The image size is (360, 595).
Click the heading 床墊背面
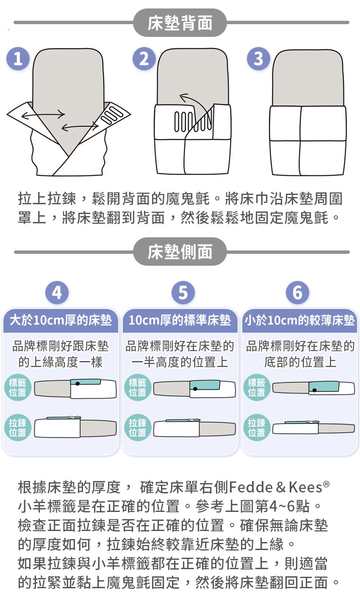tap(180, 23)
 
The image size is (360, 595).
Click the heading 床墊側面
tap(180, 252)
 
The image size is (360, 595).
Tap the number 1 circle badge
tap(18, 59)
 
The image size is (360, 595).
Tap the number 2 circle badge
tap(144, 59)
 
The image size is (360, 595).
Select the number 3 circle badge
tap(258, 59)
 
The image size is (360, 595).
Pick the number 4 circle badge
tap(57, 293)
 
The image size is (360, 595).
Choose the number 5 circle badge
tap(183, 293)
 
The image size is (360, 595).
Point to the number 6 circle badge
tap(297, 293)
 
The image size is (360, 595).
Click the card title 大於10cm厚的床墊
tap(61, 320)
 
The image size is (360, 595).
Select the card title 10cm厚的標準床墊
tap(180, 320)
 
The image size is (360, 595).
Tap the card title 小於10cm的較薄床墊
tap(299, 320)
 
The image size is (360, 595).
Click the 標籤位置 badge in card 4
tap(17, 387)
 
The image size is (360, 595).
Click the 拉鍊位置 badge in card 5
tap(137, 428)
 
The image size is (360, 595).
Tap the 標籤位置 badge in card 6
tap(256, 387)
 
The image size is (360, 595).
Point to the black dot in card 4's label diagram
tap(77, 384)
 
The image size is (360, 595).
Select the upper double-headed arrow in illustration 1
tap(43, 114)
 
